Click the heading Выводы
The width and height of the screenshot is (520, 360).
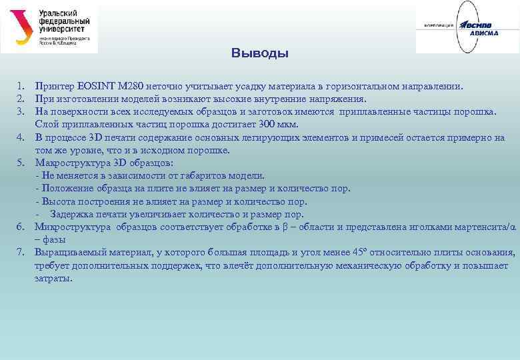point(260,53)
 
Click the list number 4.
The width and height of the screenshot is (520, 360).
point(21,137)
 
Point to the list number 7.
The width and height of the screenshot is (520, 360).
point(21,253)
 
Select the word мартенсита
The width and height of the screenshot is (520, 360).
point(478,227)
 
